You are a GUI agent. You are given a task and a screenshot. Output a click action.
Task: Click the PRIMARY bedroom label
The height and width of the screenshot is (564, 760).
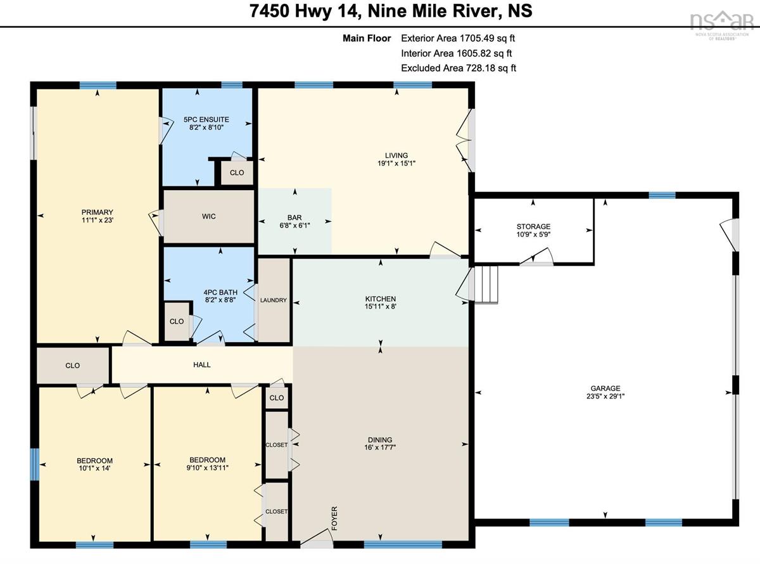click(98, 212)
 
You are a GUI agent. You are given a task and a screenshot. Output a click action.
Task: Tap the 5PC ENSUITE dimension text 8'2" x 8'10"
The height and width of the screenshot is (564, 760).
click(206, 127)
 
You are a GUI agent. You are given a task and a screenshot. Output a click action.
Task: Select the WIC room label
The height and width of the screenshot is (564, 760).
click(208, 216)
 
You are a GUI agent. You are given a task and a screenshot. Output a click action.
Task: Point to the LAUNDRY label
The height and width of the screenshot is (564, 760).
click(274, 300)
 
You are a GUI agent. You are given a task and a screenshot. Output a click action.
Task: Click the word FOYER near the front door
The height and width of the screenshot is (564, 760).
click(334, 518)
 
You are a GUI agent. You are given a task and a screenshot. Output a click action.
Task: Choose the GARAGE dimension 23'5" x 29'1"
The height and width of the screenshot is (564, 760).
click(605, 396)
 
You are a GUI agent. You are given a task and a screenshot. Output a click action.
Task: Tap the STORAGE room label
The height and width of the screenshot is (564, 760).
click(533, 227)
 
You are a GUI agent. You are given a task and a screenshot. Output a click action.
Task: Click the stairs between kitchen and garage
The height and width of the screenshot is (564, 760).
click(486, 285)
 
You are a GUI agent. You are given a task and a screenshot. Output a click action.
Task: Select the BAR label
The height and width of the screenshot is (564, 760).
click(294, 218)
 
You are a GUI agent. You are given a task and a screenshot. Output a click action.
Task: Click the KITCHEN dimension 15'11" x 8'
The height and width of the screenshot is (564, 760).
click(381, 307)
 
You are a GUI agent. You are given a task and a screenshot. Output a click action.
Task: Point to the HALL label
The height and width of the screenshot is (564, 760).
click(202, 365)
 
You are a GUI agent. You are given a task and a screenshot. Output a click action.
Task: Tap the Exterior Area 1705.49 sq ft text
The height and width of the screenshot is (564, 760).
click(458, 39)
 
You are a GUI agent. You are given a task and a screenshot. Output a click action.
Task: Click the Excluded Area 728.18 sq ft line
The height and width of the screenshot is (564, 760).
click(459, 68)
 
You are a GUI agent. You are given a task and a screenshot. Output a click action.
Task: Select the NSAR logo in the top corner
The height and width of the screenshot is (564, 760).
click(722, 25)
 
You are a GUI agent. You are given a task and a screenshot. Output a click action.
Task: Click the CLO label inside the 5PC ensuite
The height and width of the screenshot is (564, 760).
click(237, 173)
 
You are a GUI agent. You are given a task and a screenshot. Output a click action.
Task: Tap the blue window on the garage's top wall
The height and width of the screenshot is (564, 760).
click(662, 195)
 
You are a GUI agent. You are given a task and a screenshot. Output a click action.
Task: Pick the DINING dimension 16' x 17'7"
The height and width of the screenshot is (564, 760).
click(380, 447)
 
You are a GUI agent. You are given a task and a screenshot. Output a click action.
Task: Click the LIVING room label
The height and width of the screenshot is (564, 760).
click(396, 155)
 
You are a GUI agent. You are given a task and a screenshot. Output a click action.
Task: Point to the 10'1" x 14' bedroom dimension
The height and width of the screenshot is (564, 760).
click(94, 468)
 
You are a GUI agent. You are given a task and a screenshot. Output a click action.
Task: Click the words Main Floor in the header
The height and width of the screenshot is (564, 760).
click(367, 39)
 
